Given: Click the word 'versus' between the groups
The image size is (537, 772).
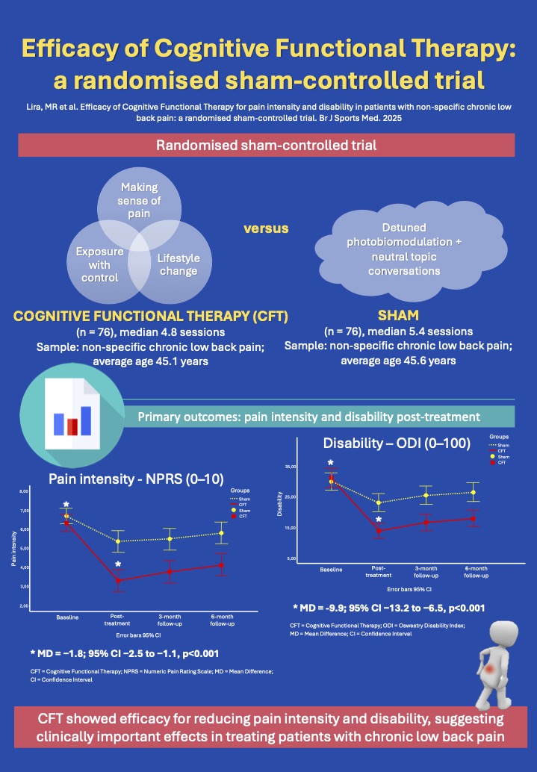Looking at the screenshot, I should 267,227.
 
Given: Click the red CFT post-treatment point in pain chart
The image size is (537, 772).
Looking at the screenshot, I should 118,580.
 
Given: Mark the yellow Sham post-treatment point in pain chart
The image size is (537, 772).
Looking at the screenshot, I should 118,541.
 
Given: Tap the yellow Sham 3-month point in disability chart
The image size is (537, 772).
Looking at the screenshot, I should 426,495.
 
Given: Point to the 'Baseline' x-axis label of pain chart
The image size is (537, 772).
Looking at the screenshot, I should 67,617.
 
